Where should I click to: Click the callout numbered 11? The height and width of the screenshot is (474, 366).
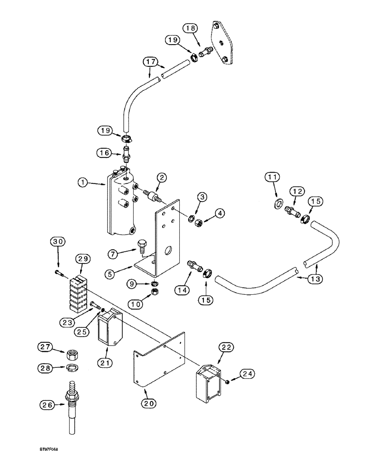(272, 178)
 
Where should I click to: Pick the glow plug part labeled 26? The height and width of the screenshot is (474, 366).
(72, 403)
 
